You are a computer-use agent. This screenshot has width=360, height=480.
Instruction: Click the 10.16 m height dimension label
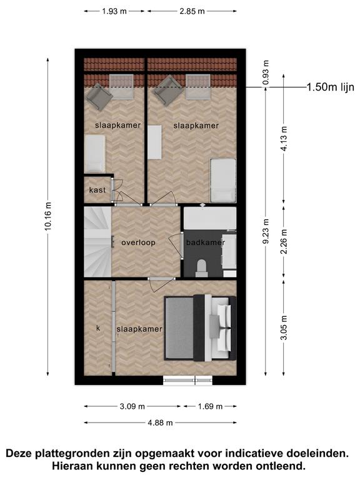pos(48,216)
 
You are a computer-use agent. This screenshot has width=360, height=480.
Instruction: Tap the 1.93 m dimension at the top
pos(114,11)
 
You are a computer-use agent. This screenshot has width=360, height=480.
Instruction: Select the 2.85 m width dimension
pos(192,11)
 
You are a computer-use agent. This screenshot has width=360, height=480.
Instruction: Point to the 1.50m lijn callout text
pos(330,87)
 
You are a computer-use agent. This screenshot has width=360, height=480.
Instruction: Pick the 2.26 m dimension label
pos(284,241)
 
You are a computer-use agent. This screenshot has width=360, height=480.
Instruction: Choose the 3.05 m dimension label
pos(284,327)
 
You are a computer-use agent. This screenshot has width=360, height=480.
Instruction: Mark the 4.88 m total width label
pos(160,423)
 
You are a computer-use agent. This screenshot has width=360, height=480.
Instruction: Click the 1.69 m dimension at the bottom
pos(210,406)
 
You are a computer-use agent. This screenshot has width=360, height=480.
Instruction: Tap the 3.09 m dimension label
pos(132,406)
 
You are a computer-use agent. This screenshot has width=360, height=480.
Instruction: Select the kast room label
pos(97,190)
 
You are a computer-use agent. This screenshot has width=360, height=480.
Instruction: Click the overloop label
pos(138,242)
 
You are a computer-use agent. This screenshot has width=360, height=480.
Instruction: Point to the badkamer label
pos(206,242)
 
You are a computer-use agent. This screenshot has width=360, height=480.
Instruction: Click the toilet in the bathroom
pos(202,268)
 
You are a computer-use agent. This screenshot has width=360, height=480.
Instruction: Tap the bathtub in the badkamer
pos(210,218)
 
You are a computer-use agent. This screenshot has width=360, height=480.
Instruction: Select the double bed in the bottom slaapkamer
pos(200,328)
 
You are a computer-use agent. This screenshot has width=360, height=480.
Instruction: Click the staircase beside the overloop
pos(97,242)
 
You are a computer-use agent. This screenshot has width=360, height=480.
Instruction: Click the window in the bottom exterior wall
pos(187,380)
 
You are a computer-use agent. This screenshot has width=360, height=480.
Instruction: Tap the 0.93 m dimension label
pos(266,72)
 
